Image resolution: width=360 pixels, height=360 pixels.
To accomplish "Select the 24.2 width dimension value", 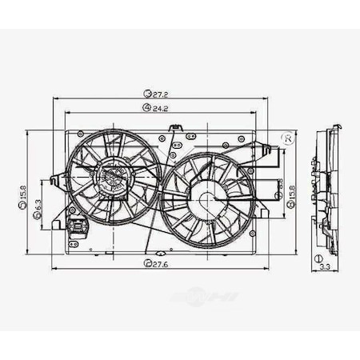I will tap(159, 106).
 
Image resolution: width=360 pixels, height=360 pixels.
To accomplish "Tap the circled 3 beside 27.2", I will tap(147, 94).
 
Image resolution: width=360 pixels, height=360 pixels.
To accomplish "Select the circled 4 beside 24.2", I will tap(146, 106).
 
